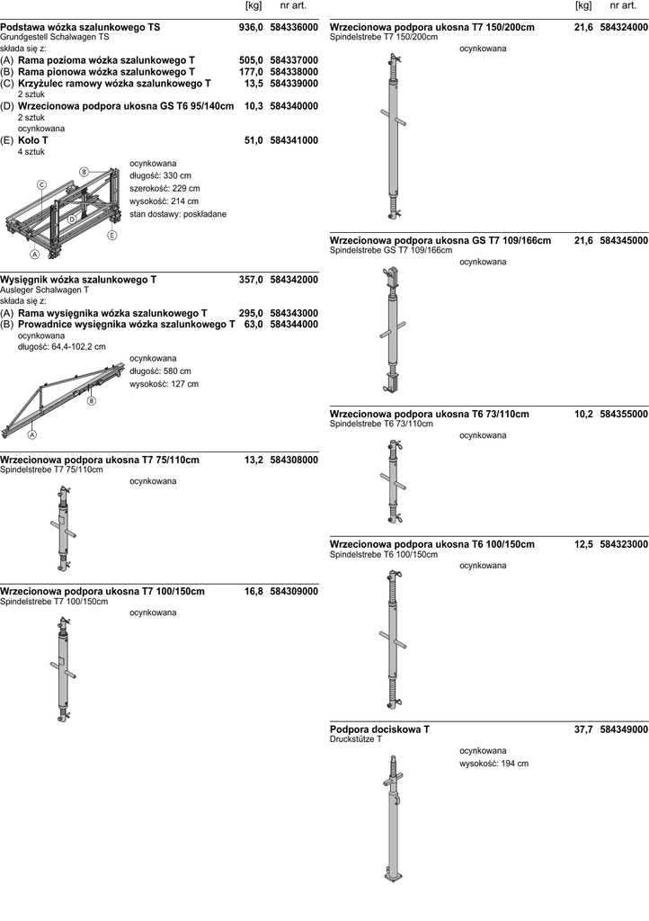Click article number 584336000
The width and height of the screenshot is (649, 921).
pos(294,28)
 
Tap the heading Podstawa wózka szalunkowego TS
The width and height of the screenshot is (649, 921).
pos(81,28)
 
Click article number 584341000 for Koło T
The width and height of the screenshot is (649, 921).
pos(294,141)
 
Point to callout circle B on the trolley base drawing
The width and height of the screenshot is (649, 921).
pos(84,171)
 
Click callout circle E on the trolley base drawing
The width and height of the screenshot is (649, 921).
pos(112,236)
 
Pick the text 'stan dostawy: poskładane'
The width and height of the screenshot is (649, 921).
pos(178,214)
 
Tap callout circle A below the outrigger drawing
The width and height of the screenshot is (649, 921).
pos(32,434)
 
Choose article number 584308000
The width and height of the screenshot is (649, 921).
pos(294,460)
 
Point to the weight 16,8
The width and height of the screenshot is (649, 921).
pos(253,592)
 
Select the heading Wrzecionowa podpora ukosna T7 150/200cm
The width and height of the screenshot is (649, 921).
pos(432,28)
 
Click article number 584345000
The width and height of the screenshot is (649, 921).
pos(623,241)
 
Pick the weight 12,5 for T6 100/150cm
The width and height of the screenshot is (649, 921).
pos(583,545)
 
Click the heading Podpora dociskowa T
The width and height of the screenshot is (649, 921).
pos(379,729)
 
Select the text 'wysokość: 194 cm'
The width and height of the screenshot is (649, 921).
pos(493,764)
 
